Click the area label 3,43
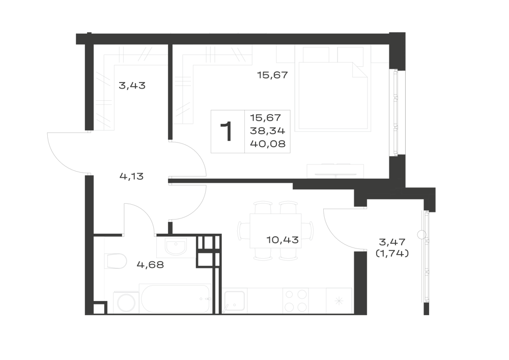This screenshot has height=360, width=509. click(x=132, y=86)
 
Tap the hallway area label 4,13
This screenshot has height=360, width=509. click(x=131, y=177)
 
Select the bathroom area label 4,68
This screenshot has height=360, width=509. click(x=150, y=265)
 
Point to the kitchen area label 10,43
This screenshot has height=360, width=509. click(x=282, y=240)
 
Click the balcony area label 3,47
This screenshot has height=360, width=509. click(x=392, y=242)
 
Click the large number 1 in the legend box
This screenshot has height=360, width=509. click(x=227, y=131)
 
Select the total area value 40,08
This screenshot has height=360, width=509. click(x=268, y=144)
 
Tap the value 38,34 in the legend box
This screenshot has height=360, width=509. click(x=268, y=131)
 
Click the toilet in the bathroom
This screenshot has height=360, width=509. click(x=116, y=261)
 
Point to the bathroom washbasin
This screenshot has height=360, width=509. click(x=176, y=247)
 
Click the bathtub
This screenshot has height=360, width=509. click(x=175, y=298)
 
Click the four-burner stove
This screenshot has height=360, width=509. click(x=296, y=300)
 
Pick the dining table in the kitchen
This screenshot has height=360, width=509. click(x=275, y=231)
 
